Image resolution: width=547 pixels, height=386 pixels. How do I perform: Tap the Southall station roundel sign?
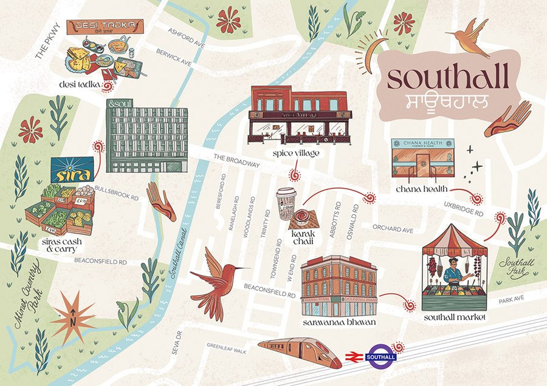[x=380, y=356]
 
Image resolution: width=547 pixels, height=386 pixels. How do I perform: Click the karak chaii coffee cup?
[x=286, y=203]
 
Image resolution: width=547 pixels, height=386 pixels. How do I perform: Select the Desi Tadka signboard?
[x=106, y=26]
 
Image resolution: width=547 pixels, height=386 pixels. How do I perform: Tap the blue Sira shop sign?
[x=72, y=170]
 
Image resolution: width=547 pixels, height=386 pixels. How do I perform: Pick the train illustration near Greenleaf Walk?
[x=301, y=352]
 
